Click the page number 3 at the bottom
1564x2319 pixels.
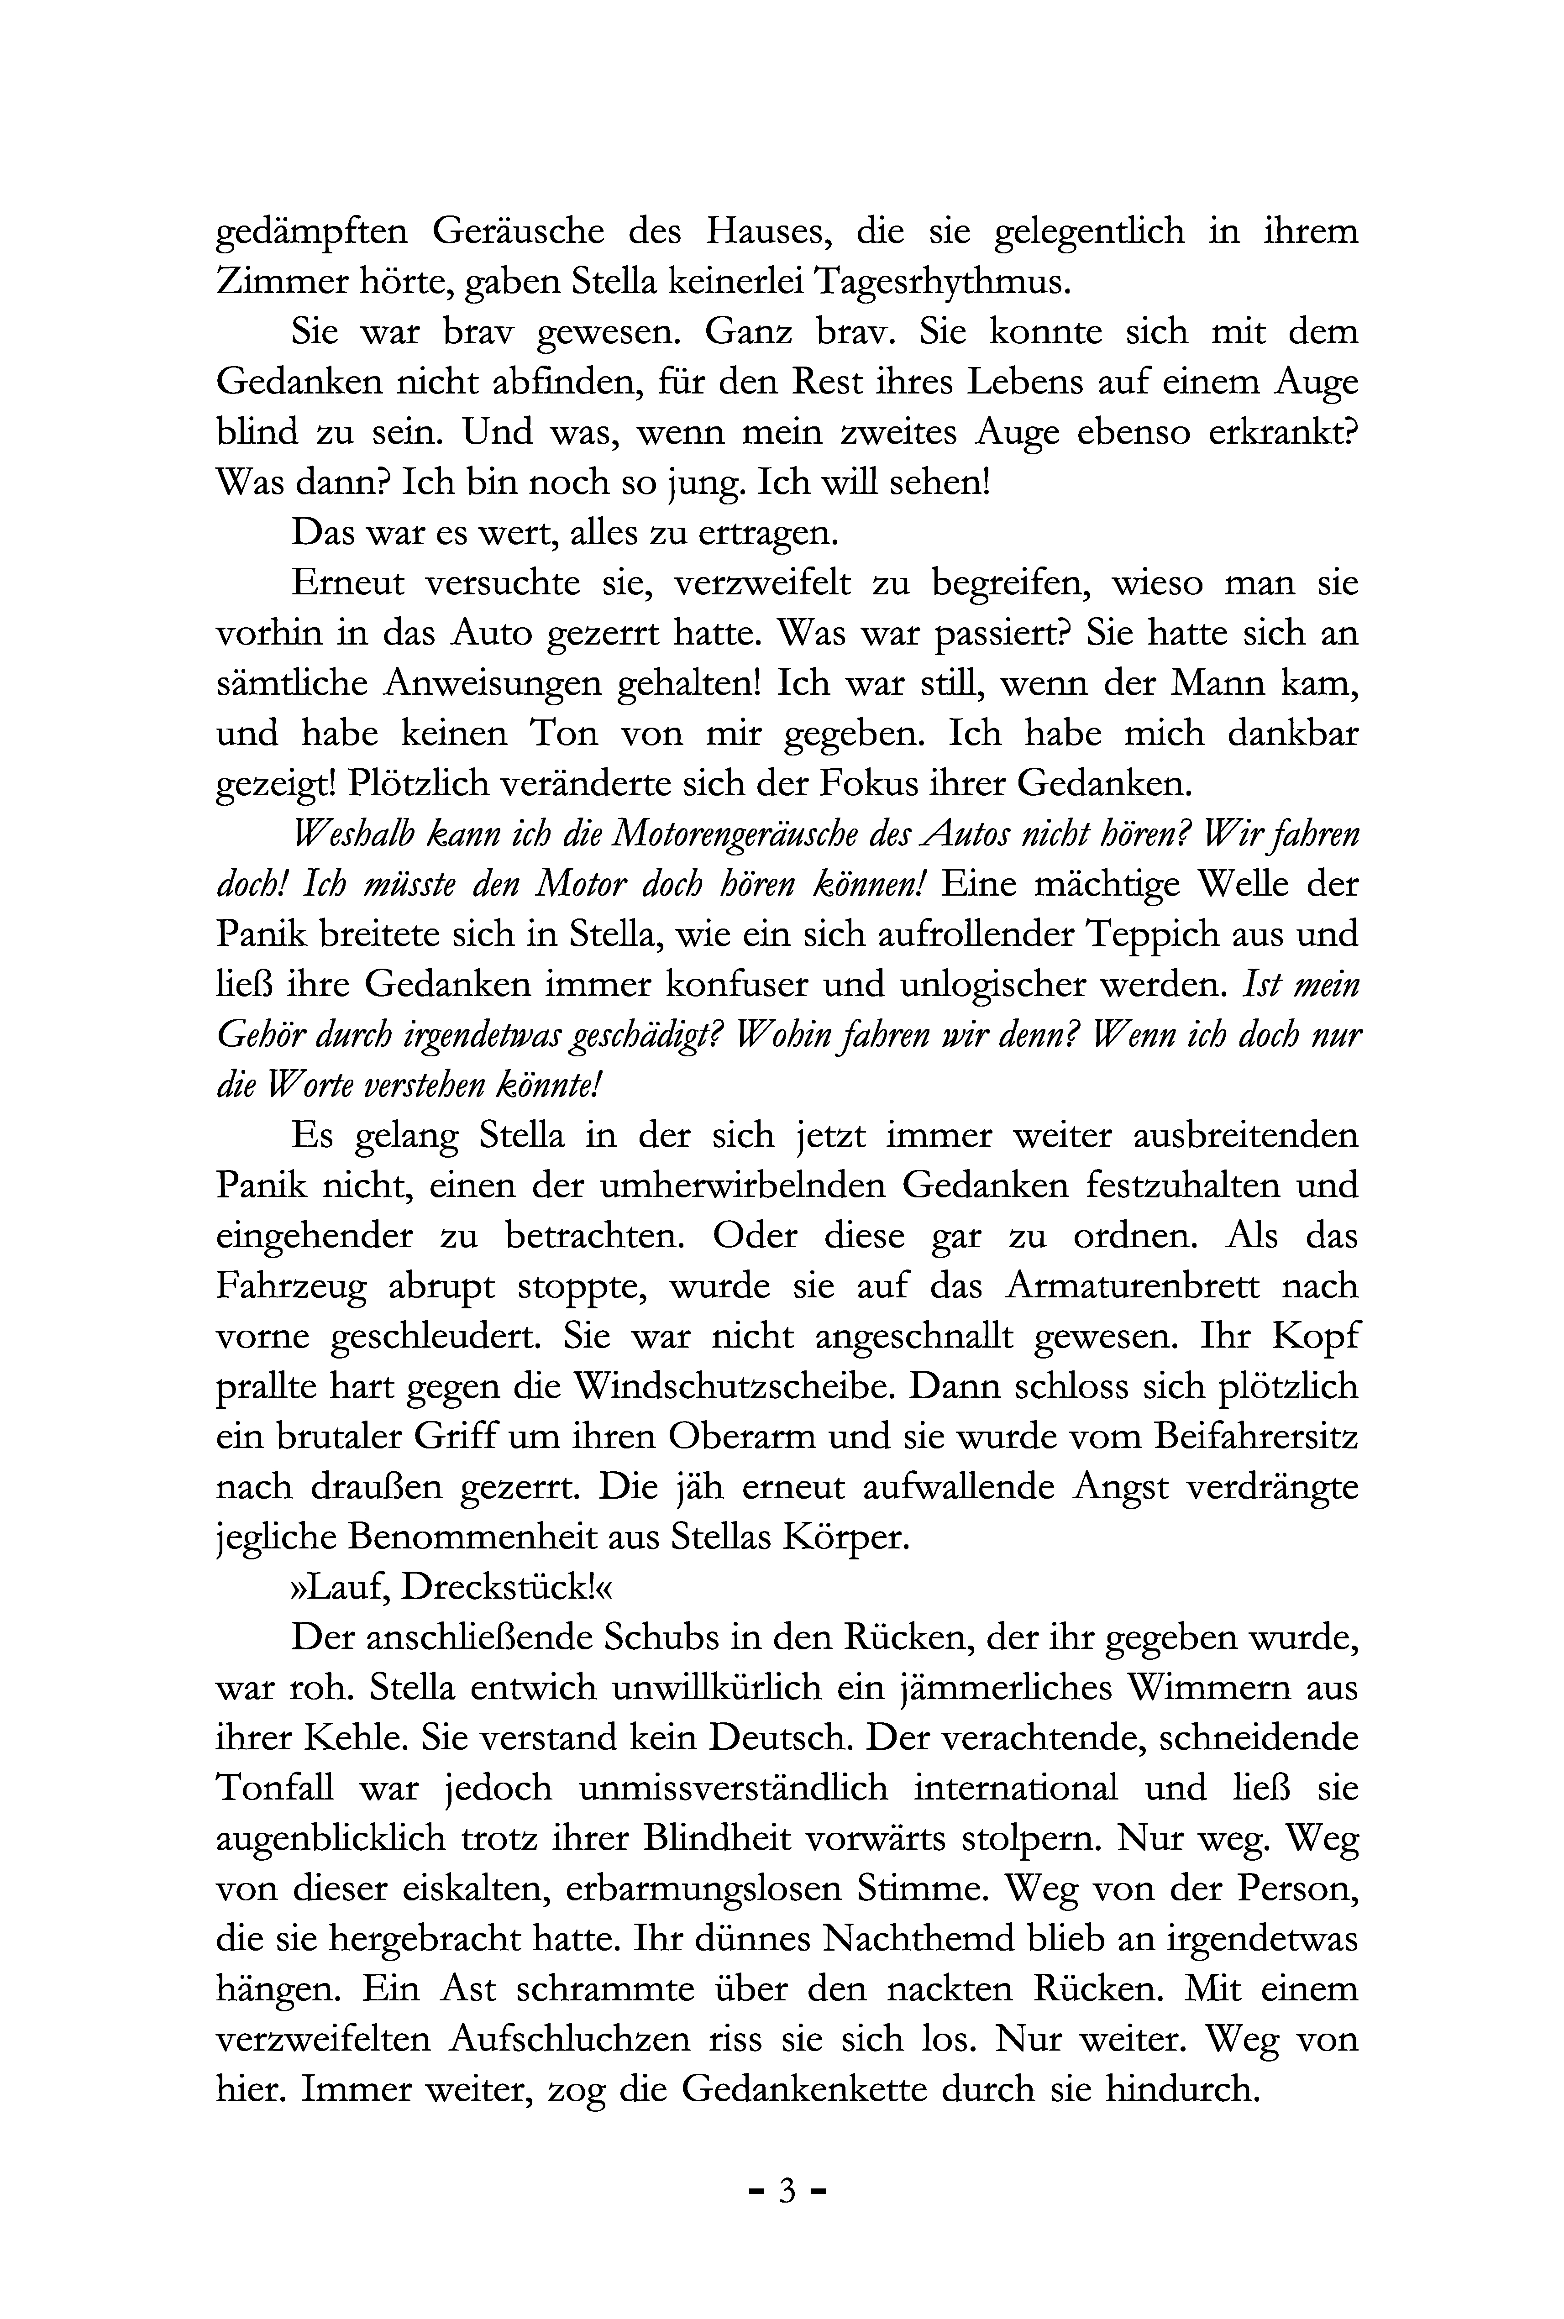pyautogui.click(x=786, y=2190)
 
